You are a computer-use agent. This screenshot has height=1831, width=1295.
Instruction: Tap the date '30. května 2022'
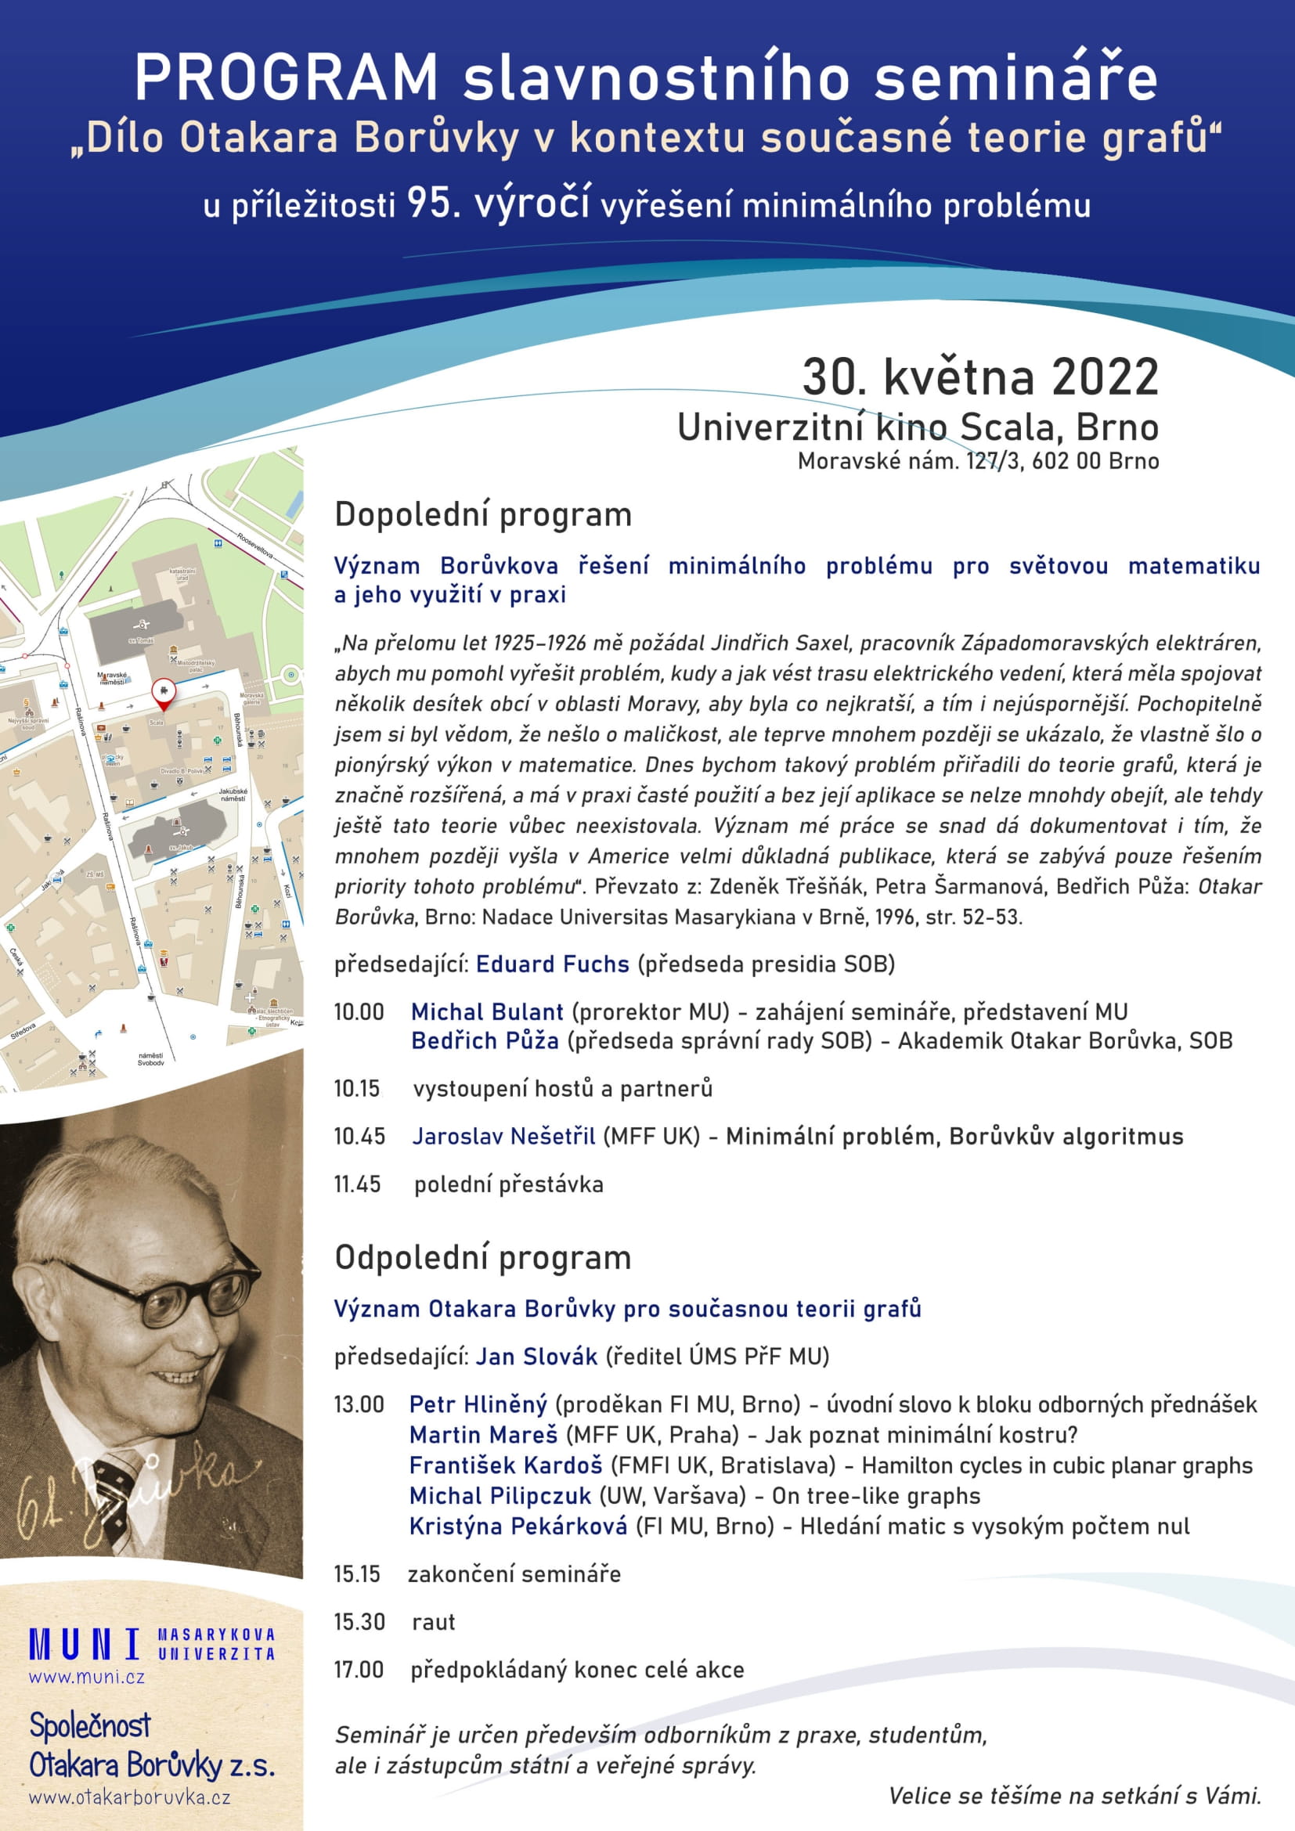point(979,377)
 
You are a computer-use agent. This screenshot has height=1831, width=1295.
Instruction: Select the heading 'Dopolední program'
point(482,514)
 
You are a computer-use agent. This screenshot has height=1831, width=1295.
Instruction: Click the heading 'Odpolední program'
point(482,1258)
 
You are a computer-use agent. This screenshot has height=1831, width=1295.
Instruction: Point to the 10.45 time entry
point(359,1137)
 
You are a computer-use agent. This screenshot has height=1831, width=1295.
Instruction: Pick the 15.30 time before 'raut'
point(359,1621)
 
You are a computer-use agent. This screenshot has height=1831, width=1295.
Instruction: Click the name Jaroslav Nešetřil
point(503,1137)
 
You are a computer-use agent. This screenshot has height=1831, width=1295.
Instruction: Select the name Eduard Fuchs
point(552,964)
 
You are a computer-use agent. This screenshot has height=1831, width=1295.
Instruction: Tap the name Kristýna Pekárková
point(518,1526)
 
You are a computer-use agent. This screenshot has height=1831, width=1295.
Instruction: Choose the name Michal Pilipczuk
point(500,1495)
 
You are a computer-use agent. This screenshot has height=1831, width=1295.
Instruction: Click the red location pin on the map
point(163,691)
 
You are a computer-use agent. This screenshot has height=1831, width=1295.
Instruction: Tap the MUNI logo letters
point(84,1645)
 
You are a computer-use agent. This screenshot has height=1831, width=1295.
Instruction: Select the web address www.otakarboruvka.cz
point(130,1797)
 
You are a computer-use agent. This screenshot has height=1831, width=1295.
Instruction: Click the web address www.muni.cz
point(87,1677)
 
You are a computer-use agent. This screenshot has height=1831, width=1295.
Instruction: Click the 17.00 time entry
point(359,1669)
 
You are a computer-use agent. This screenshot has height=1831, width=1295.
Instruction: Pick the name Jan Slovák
point(536,1357)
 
